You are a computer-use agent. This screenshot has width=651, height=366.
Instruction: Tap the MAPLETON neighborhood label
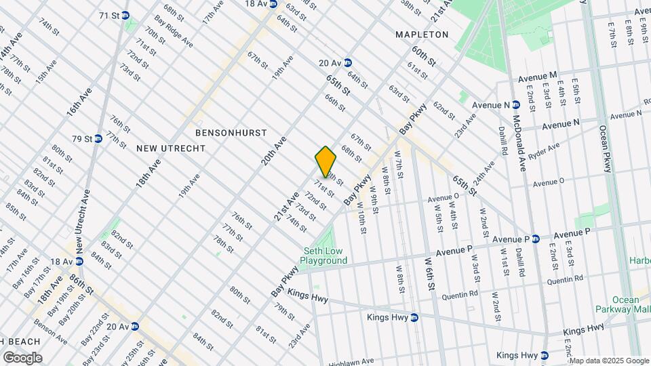point(422,35)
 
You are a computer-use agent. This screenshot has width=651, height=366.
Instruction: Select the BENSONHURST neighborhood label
point(231,132)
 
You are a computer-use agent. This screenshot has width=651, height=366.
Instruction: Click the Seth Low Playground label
point(325,256)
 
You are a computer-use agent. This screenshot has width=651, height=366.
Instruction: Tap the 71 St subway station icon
point(127,15)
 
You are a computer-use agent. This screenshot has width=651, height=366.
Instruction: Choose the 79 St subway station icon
point(98,138)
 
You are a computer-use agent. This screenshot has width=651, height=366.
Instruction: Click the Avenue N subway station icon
point(516,105)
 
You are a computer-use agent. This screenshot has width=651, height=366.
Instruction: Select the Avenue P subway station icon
point(535,239)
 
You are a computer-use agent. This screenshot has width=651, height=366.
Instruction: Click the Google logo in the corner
point(22,357)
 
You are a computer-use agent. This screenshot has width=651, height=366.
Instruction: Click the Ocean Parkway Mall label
point(625,305)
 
